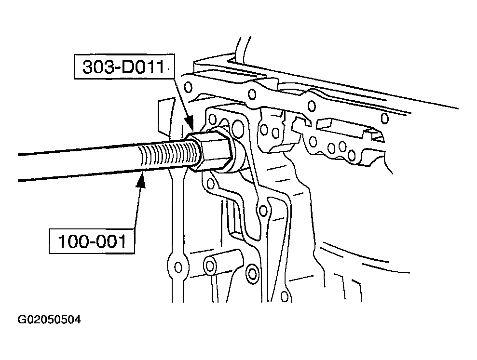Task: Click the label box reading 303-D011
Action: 124,67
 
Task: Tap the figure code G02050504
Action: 49,320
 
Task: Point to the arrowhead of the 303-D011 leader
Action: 190,125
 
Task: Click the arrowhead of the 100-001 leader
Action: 141,180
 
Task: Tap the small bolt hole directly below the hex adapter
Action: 210,183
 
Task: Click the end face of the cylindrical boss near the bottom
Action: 210,266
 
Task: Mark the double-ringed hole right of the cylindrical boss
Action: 252,273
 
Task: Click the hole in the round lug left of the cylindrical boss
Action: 178,267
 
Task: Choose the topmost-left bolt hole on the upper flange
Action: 188,88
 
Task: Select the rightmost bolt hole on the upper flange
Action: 385,118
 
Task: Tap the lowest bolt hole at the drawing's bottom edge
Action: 285,296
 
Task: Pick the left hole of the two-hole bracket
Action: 264,130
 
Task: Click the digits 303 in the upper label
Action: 95,67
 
